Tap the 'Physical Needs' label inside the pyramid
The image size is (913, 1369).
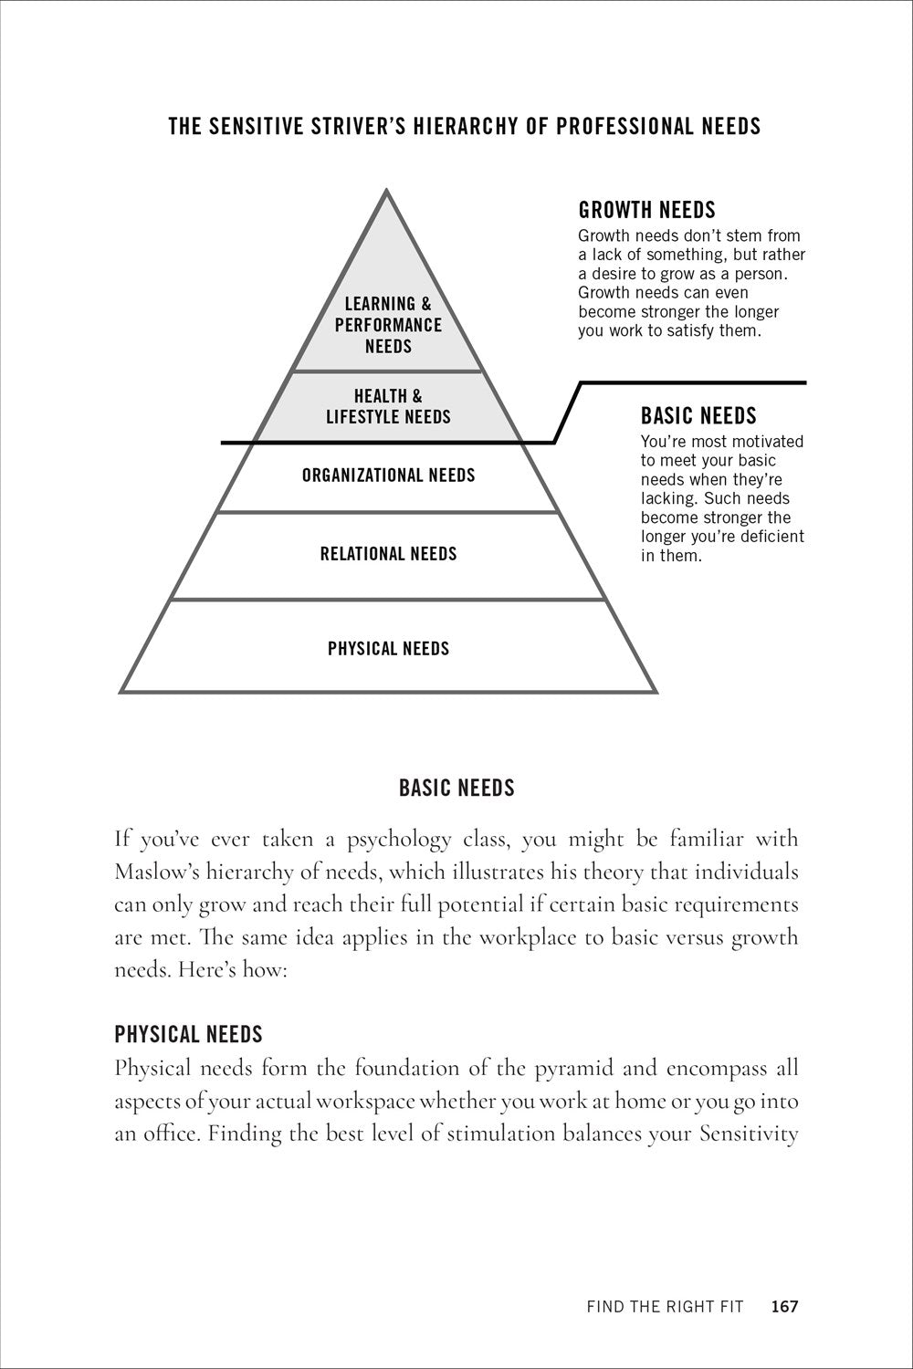click(x=388, y=648)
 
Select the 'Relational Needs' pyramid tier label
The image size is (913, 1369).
click(x=388, y=554)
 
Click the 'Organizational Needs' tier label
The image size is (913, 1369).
click(x=388, y=475)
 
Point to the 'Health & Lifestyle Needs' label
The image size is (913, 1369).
click(x=388, y=406)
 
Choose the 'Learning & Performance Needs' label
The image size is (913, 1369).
click(x=388, y=325)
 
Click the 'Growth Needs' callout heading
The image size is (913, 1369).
click(x=646, y=210)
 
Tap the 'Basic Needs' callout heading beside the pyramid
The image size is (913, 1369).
click(x=698, y=415)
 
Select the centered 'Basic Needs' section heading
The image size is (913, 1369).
click(x=456, y=788)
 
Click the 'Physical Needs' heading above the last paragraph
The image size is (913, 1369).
click(x=188, y=1034)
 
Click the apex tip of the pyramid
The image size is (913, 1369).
click(x=386, y=190)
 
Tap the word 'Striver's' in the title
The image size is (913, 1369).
click(x=360, y=126)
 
